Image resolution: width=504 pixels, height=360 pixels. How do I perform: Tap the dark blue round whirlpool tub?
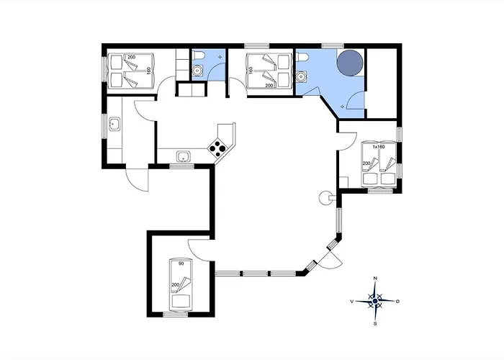point(350,63)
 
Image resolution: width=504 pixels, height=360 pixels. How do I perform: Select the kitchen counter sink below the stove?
point(184,157)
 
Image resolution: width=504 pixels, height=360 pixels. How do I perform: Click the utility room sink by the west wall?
point(114,124)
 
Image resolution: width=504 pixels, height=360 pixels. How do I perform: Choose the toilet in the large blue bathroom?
point(303,56)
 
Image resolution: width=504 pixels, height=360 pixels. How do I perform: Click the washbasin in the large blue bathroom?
point(301,76)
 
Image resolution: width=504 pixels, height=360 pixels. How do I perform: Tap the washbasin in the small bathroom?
point(197,70)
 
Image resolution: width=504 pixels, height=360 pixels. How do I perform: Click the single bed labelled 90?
point(180,284)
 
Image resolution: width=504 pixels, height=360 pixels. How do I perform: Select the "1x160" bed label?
point(378,147)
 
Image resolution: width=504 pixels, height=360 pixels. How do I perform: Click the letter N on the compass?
point(375,279)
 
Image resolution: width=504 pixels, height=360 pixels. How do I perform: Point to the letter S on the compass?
point(375,324)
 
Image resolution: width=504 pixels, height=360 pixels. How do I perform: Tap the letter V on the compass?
point(352,301)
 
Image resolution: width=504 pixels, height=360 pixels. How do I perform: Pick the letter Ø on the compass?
point(398,301)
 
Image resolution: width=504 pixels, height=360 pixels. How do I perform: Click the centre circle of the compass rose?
point(375,301)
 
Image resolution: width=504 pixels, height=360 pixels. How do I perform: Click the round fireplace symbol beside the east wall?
point(325,198)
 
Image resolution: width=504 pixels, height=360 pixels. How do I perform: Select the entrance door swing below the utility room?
point(138,179)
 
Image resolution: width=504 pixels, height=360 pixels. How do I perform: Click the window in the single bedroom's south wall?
point(176,315)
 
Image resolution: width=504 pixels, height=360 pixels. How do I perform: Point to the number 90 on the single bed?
point(181,264)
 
